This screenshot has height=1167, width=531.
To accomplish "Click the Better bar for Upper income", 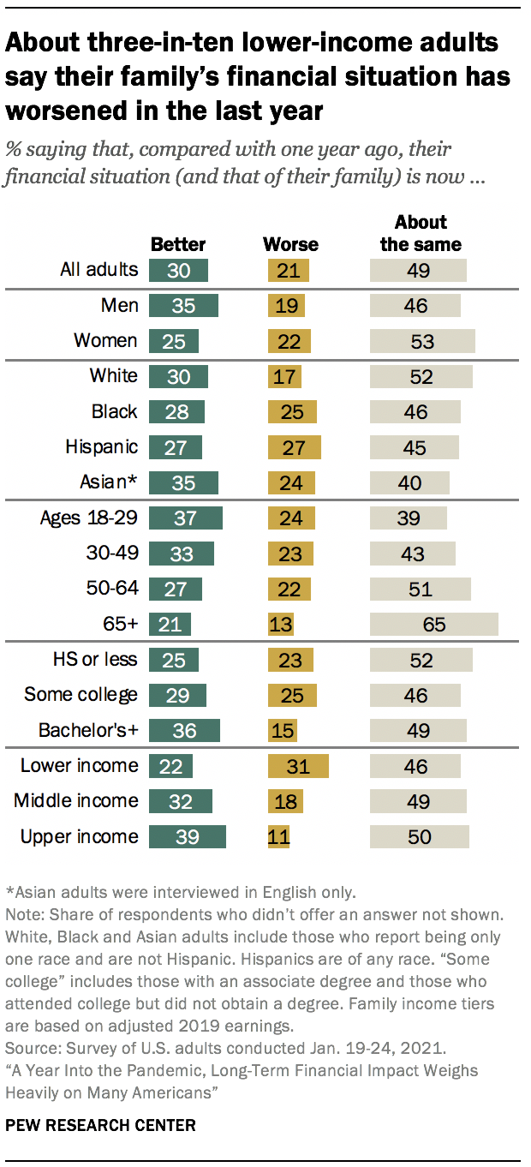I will click(x=188, y=836).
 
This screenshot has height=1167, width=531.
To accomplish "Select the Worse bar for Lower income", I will click(x=298, y=765).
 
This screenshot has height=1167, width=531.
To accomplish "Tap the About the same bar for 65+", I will click(x=433, y=624).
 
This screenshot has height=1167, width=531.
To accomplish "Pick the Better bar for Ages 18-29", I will click(x=186, y=518).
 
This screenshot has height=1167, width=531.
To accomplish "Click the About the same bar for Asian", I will click(x=409, y=482).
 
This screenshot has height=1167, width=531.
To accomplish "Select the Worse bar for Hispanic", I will click(x=295, y=447).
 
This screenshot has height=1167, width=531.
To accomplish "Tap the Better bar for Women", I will click(x=174, y=341).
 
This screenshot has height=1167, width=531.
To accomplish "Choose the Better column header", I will click(x=178, y=244).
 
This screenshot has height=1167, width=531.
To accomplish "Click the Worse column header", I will click(x=290, y=244).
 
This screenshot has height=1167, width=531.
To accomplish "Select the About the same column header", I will click(x=421, y=233).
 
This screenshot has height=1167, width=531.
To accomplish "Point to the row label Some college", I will click(x=81, y=694).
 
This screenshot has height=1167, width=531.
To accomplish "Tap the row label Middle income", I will click(x=75, y=800).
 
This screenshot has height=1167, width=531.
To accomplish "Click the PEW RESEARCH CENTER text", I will click(x=101, y=1124).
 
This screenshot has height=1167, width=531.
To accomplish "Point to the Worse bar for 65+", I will click(x=281, y=624).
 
